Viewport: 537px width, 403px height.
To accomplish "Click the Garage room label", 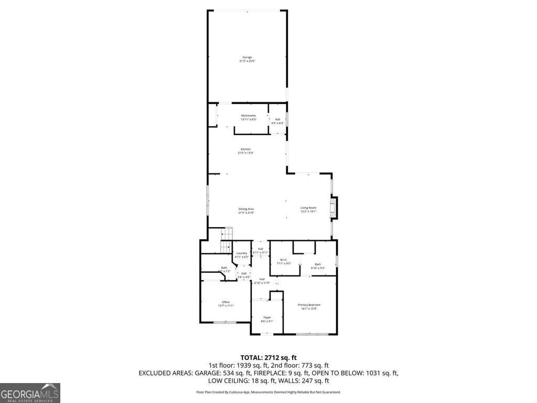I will pyautogui.click(x=247, y=59).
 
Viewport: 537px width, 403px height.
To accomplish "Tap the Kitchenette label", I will pyautogui.click(x=249, y=117).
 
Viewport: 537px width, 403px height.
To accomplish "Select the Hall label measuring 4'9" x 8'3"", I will pyautogui.click(x=277, y=121).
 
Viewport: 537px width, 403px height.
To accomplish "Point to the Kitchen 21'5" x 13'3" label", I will pyautogui.click(x=246, y=151).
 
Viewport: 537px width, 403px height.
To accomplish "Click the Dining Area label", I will pyautogui.click(x=246, y=211).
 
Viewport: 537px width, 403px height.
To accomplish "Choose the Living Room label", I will pyautogui.click(x=308, y=209).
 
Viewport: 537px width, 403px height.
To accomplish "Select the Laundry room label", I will pyautogui.click(x=241, y=255).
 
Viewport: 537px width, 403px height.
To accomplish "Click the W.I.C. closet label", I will pyautogui.click(x=284, y=261).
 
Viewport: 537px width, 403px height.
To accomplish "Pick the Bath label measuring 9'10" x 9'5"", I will pyautogui.click(x=318, y=266).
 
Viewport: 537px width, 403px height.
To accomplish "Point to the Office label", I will pyautogui.click(x=226, y=304).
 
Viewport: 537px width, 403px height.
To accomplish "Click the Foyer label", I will pyautogui.click(x=267, y=319).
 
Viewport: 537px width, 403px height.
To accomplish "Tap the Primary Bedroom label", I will pyautogui.click(x=309, y=306).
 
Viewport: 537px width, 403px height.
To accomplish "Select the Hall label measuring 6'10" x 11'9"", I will pyautogui.click(x=262, y=281).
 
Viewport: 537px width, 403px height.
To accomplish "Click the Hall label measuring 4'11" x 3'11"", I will pyautogui.click(x=260, y=250).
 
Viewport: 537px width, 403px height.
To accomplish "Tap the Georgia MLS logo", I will pyautogui.click(x=30, y=393).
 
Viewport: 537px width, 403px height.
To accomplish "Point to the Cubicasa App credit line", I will pyautogui.click(x=268, y=392).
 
